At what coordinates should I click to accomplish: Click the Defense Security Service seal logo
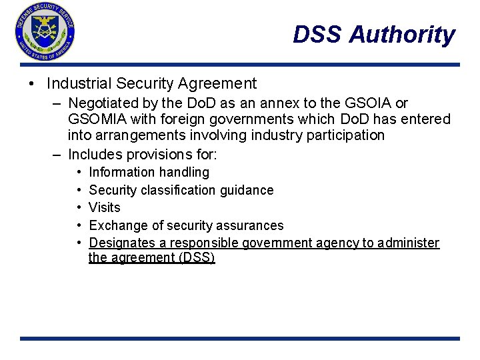tap(45, 31)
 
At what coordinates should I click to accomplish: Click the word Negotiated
tap(102, 103)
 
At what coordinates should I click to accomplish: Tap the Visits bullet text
tap(105, 207)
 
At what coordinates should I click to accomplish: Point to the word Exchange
tap(115, 225)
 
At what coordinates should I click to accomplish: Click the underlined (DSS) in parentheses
tap(197, 257)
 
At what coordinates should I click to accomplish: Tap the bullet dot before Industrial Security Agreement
tap(33, 84)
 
